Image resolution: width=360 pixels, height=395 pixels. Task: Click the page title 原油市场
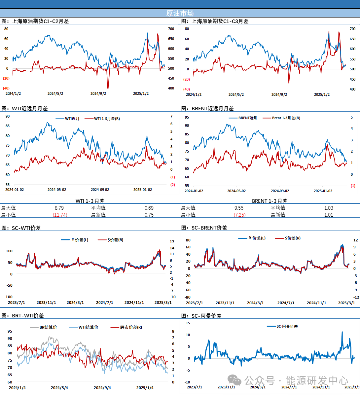click(x=180, y=13)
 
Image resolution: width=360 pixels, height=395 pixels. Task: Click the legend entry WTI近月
click(x=72, y=119)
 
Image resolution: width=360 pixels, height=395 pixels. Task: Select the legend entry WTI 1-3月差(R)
click(x=107, y=119)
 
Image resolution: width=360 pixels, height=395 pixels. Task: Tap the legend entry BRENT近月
click(x=247, y=118)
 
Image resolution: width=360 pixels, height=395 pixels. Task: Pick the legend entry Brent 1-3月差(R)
click(x=286, y=118)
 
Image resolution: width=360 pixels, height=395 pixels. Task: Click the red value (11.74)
click(x=60, y=215)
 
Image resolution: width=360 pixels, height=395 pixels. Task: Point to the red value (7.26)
click(x=240, y=215)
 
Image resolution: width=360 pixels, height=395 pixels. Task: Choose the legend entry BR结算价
click(x=48, y=327)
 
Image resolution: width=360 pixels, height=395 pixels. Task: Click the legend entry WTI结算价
click(x=88, y=327)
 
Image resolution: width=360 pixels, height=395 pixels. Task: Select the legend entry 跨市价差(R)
click(x=131, y=327)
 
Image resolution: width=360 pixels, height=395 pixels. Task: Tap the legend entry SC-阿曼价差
click(x=287, y=326)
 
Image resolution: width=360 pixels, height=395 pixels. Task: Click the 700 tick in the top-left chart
click(x=171, y=29)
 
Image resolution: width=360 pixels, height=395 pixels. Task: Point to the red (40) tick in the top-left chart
click(x=6, y=88)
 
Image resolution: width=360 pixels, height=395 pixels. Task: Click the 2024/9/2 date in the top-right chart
click(x=279, y=95)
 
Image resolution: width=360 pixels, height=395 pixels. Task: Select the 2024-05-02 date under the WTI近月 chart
click(x=57, y=190)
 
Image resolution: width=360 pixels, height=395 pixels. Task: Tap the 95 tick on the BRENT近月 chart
click(x=187, y=117)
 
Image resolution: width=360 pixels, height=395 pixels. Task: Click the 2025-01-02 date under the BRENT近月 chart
click(x=323, y=191)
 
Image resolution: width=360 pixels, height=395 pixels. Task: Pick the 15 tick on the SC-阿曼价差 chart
click(x=188, y=323)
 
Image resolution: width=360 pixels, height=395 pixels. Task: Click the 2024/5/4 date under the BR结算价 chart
click(x=59, y=388)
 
